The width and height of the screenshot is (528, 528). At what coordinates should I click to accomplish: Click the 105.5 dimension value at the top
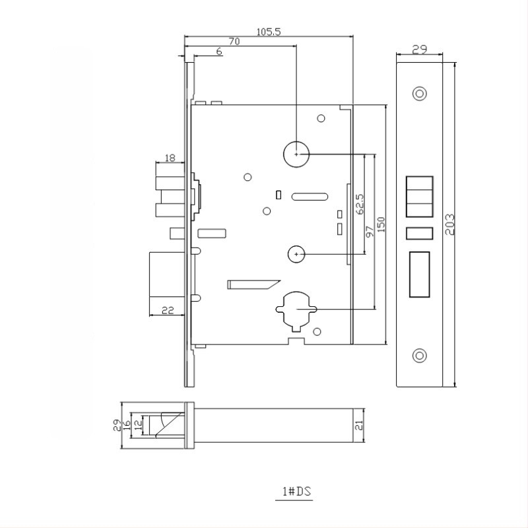click(x=269, y=32)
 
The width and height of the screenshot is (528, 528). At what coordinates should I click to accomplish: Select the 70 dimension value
click(x=234, y=42)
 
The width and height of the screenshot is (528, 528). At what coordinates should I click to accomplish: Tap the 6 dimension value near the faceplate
click(x=219, y=51)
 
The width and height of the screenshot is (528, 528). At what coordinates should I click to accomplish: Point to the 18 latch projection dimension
click(x=170, y=158)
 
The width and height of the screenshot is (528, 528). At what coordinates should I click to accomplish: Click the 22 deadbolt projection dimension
click(x=168, y=310)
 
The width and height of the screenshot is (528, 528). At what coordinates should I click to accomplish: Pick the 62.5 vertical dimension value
click(x=360, y=204)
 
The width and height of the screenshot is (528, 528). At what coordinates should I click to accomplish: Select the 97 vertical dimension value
click(x=370, y=232)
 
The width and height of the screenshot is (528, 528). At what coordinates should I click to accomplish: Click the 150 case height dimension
click(x=381, y=224)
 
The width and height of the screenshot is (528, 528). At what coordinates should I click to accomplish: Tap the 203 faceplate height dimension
click(x=450, y=224)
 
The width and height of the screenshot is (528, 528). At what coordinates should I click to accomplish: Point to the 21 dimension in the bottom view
click(x=359, y=425)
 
